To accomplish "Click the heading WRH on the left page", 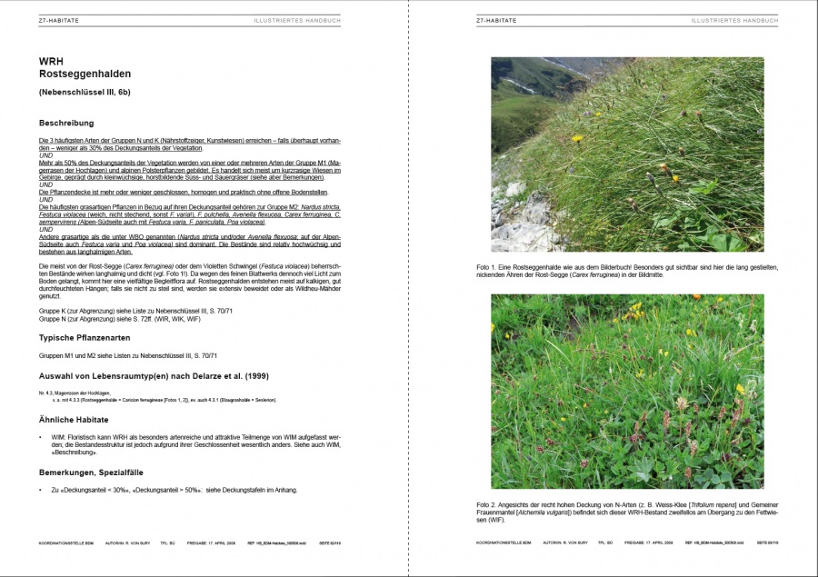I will (50, 61).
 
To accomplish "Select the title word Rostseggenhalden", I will (85, 74).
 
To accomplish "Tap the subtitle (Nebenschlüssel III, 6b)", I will (85, 92).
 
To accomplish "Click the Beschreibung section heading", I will (66, 123).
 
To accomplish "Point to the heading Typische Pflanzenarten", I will (90, 337).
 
